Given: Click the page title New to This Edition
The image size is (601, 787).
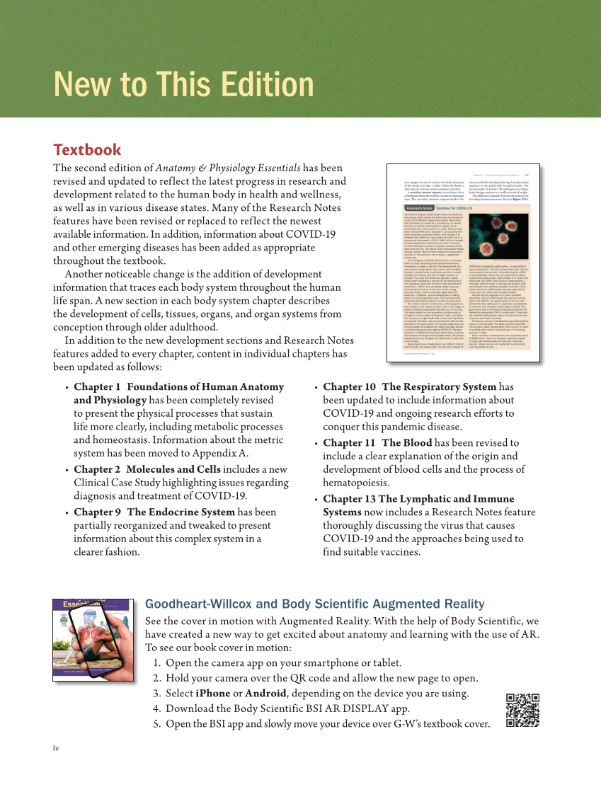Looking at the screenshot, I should pyautogui.click(x=183, y=84).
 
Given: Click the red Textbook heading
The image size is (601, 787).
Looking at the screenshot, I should pyautogui.click(x=87, y=150).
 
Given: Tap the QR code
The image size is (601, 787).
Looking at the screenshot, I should pyautogui.click(x=523, y=711).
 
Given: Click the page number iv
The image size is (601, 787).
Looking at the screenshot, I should pyautogui.click(x=56, y=748).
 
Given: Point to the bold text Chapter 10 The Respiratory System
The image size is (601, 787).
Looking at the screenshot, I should pyautogui.click(x=410, y=387).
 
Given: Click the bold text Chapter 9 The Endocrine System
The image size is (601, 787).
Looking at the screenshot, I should pyautogui.click(x=154, y=512).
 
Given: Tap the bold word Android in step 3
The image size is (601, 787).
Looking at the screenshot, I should pyautogui.click(x=263, y=693).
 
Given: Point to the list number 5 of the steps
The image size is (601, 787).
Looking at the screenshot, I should pyautogui.click(x=156, y=724).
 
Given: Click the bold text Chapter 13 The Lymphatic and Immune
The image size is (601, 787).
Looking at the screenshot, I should pyautogui.click(x=418, y=499).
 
